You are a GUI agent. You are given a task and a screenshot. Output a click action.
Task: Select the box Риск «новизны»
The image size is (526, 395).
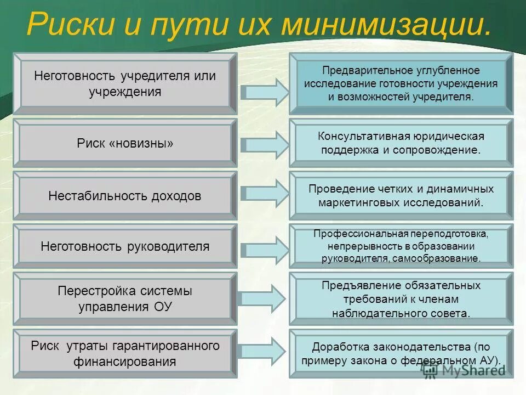pos(125,143)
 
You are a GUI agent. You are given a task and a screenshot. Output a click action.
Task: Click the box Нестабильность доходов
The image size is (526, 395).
pos(125,196)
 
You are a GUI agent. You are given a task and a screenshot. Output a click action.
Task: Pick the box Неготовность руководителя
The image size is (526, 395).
pos(125,246)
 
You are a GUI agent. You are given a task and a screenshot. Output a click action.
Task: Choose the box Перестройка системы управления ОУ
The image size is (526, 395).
pos(125,299)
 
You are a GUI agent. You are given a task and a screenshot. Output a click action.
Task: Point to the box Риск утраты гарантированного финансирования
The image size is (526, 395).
pos(125,354)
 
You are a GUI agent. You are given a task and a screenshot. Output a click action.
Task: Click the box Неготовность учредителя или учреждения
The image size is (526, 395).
pos(125,83)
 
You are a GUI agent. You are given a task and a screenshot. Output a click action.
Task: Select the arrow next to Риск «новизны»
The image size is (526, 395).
pos(264,144)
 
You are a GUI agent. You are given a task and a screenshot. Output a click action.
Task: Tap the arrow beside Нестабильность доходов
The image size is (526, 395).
pos(264,195)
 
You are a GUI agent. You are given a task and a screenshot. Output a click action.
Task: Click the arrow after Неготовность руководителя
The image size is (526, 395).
pos(264,247)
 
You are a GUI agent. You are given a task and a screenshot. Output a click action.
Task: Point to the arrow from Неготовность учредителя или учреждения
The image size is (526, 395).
pos(264,92)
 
